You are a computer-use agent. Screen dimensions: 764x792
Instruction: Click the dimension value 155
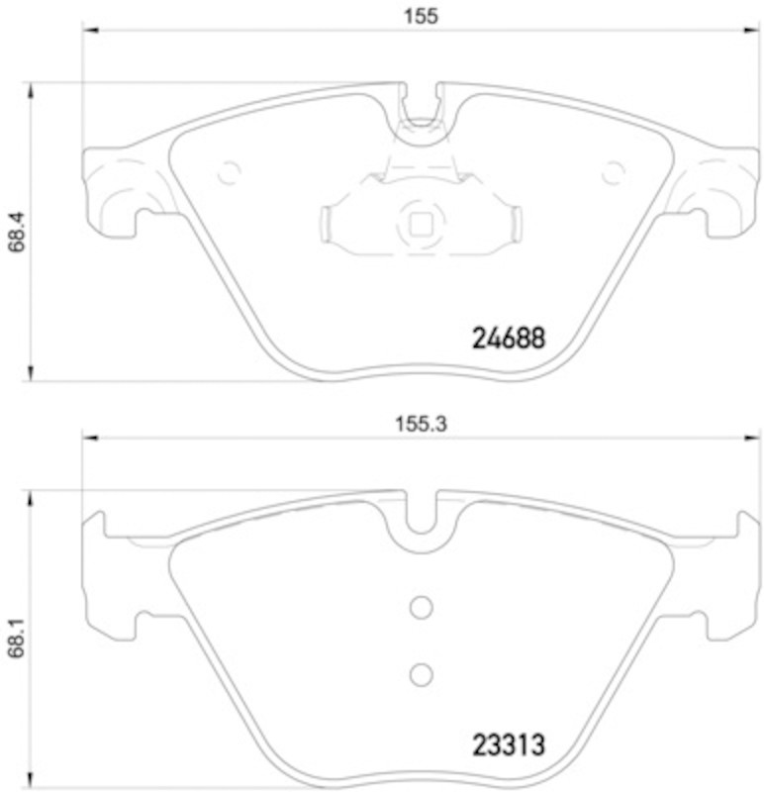click(421, 16)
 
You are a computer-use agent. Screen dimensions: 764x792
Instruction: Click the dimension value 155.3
click(421, 424)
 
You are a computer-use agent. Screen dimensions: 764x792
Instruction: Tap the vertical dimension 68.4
click(16, 232)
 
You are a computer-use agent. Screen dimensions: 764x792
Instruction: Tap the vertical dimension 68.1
click(16, 638)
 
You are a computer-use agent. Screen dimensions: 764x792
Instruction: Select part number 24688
click(509, 338)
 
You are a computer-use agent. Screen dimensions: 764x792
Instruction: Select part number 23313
click(509, 745)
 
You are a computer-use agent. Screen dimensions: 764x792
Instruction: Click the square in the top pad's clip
click(421, 225)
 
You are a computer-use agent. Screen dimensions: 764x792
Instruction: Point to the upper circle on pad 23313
click(422, 607)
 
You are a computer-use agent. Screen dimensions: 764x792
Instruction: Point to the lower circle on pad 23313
click(422, 675)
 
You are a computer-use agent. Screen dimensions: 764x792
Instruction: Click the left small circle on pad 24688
click(230, 172)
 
